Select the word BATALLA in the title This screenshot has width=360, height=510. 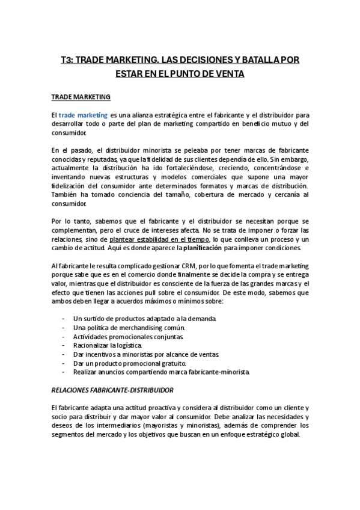(x=257, y=60)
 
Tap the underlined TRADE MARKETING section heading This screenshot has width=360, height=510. (x=80, y=96)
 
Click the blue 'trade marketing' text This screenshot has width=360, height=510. (x=84, y=114)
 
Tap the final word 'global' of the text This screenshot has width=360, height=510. (x=288, y=434)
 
